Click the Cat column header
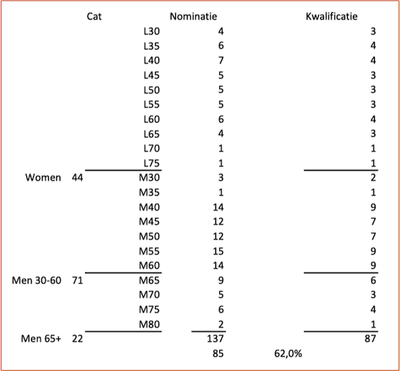click(x=94, y=16)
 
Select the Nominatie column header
click(x=194, y=16)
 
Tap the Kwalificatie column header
click(x=332, y=16)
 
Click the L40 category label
click(x=152, y=60)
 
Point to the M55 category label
click(x=149, y=251)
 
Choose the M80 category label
click(x=149, y=324)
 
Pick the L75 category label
click(x=152, y=163)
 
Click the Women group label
click(x=43, y=177)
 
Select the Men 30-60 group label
click(x=37, y=280)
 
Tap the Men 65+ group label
click(x=41, y=339)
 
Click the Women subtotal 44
click(x=77, y=177)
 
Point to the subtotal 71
click(x=77, y=280)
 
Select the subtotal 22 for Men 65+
click(x=77, y=339)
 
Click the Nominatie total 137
click(x=215, y=339)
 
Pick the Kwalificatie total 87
click(x=370, y=339)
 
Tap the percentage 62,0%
click(x=288, y=353)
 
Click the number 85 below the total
click(x=218, y=353)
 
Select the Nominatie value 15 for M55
click(x=219, y=251)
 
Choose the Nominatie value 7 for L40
click(x=221, y=60)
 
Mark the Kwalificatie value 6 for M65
click(x=373, y=280)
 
